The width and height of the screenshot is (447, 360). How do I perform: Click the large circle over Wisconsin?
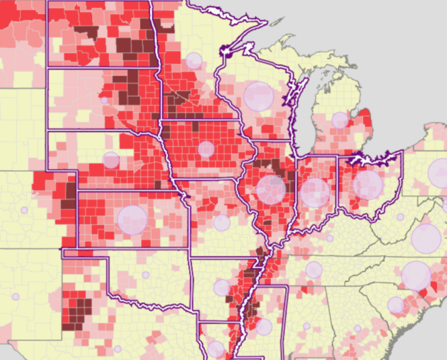coord(258,96)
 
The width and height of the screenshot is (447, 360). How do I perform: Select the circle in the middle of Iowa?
coord(206,149)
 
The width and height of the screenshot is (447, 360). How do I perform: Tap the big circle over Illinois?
coord(271,190)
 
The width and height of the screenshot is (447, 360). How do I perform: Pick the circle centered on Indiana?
coord(315,192)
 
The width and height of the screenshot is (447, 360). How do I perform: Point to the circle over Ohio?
coord(368,185)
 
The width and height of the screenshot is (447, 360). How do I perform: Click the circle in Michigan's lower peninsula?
coord(340,120)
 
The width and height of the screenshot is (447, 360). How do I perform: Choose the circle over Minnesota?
coord(194,61)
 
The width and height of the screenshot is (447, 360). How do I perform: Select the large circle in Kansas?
coord(132,219)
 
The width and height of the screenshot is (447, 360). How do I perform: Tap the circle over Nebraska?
coord(111,160)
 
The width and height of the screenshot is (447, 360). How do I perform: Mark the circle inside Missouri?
coord(222,222)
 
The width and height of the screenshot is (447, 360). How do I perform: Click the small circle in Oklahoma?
coord(146,275)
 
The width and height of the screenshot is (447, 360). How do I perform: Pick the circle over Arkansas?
coord(222,287)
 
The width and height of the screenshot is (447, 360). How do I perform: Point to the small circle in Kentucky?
coord(329,238)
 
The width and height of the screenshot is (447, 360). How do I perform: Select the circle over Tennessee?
coord(314,270)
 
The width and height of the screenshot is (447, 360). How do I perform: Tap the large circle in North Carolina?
coord(416,276)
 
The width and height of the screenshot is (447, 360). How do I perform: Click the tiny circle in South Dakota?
coord(104,100)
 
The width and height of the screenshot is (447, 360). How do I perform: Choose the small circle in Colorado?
coord(24,210)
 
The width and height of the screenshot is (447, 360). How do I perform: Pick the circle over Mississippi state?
coord(264,327)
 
